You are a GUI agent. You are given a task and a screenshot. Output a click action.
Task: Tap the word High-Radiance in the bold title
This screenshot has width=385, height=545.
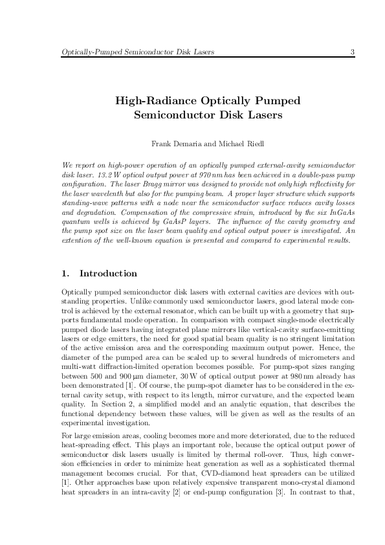[x=153, y=102]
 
